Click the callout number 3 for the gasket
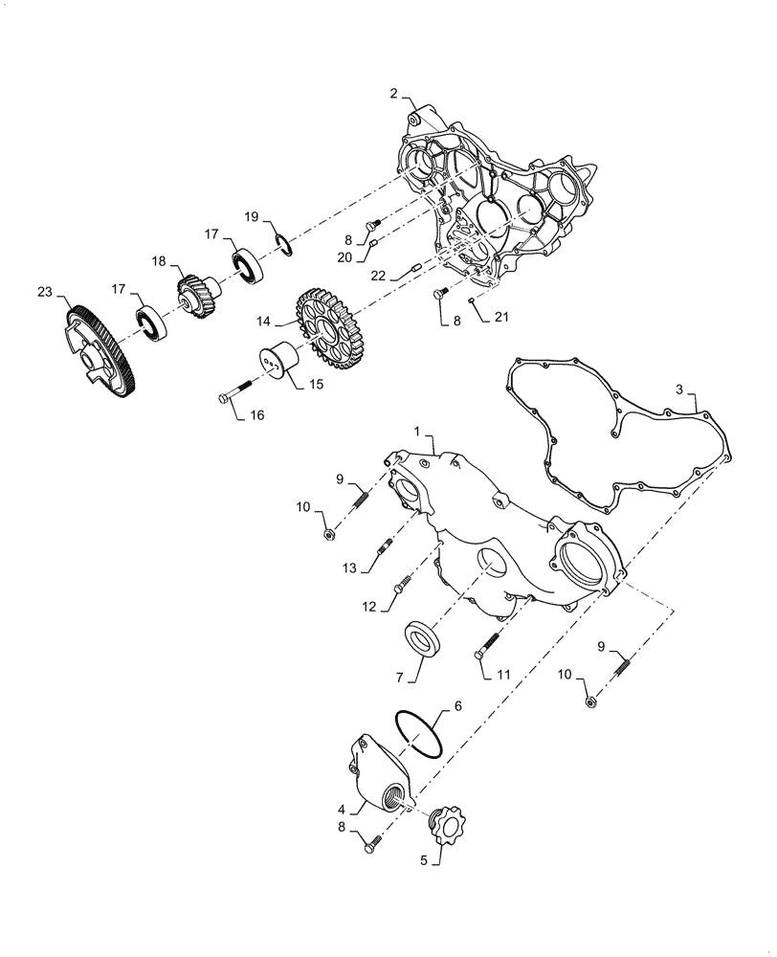coord(678,390)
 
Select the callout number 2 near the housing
coord(393,93)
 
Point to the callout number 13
coord(352,568)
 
